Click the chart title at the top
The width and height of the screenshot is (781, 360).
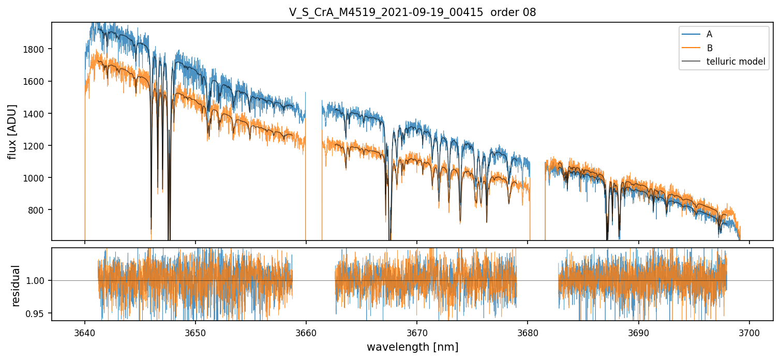tap(412, 12)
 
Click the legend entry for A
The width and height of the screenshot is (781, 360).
tap(697, 34)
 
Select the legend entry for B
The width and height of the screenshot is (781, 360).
tap(697, 48)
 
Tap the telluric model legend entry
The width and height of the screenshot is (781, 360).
tap(724, 62)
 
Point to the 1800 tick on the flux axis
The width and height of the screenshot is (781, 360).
tap(34, 49)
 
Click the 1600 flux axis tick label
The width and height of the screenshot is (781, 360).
tap(34, 81)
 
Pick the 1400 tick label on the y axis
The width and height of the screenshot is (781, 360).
tap(34, 114)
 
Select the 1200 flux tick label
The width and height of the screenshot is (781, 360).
tap(34, 146)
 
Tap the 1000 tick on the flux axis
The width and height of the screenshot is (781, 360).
tap(34, 178)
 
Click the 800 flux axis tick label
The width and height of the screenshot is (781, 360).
tap(36, 210)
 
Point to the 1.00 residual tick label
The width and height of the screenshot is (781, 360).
tap(35, 281)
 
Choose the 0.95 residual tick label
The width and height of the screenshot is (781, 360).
tap(35, 313)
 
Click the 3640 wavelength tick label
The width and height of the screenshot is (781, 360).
tap(85, 333)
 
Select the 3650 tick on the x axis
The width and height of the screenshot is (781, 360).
tap(196, 333)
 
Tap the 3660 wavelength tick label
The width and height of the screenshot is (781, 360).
tap(306, 333)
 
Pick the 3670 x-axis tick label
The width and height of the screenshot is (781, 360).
tap(417, 333)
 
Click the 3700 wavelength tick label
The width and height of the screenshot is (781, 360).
tap(749, 333)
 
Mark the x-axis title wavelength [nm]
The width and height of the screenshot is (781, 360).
tap(412, 347)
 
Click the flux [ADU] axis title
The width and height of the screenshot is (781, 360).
tap(12, 132)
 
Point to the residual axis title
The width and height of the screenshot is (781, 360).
tap(15, 286)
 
